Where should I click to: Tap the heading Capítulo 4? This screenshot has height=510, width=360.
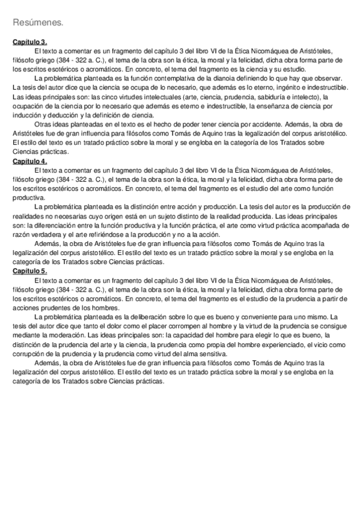click(x=30, y=162)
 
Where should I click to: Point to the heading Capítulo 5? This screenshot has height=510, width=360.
click(x=30, y=272)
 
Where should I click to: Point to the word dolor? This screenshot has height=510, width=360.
click(x=117, y=326)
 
